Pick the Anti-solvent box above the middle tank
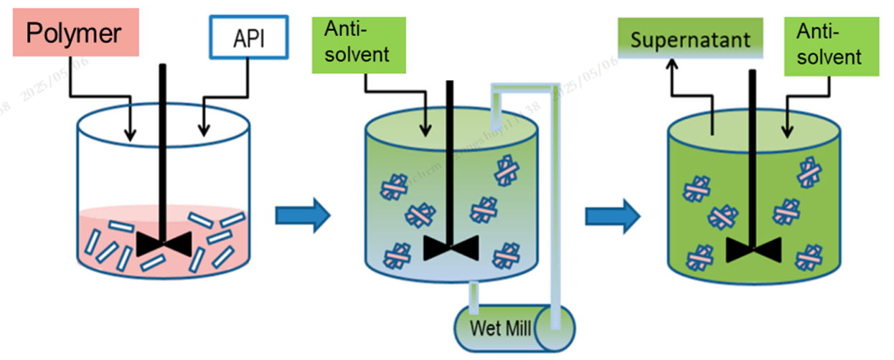point(359,43)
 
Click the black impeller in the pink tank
point(164,244)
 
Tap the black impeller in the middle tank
point(450,247)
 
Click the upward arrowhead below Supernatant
point(672,67)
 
